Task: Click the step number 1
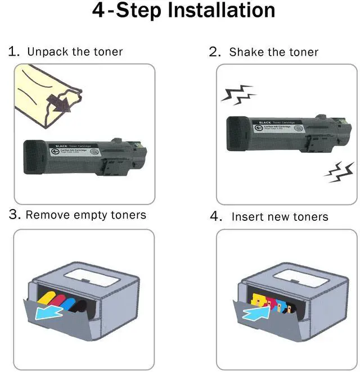pos(13,52)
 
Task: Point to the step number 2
pos(214,52)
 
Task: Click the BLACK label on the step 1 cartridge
pos(61,146)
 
